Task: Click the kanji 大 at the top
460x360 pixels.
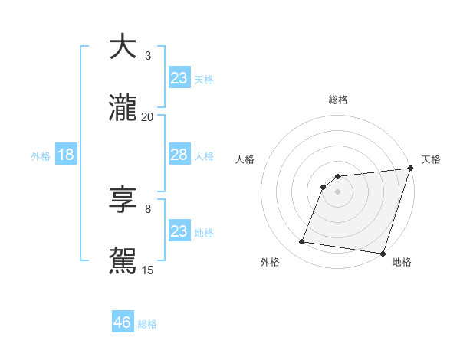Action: click(x=123, y=47)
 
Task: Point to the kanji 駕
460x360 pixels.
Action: click(x=123, y=261)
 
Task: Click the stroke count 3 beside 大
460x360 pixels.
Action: click(x=148, y=55)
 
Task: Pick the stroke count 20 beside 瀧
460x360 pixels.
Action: click(x=148, y=116)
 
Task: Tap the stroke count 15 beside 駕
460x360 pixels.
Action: click(x=148, y=270)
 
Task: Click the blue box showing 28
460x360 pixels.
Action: click(x=179, y=155)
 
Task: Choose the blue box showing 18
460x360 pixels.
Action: click(x=65, y=155)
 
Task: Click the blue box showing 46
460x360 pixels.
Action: click(x=122, y=322)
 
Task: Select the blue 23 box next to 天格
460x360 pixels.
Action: click(x=179, y=78)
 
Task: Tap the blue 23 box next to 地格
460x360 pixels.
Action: click(x=179, y=231)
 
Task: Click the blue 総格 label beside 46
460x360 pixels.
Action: click(x=147, y=324)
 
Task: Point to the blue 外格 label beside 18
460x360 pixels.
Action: click(x=41, y=156)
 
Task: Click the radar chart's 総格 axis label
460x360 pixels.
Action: click(x=337, y=100)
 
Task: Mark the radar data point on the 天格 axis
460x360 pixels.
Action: click(x=410, y=169)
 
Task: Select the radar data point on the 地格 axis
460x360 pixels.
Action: click(x=383, y=254)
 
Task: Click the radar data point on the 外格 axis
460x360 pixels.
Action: click(x=302, y=242)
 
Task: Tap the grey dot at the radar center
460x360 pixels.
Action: click(x=337, y=191)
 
